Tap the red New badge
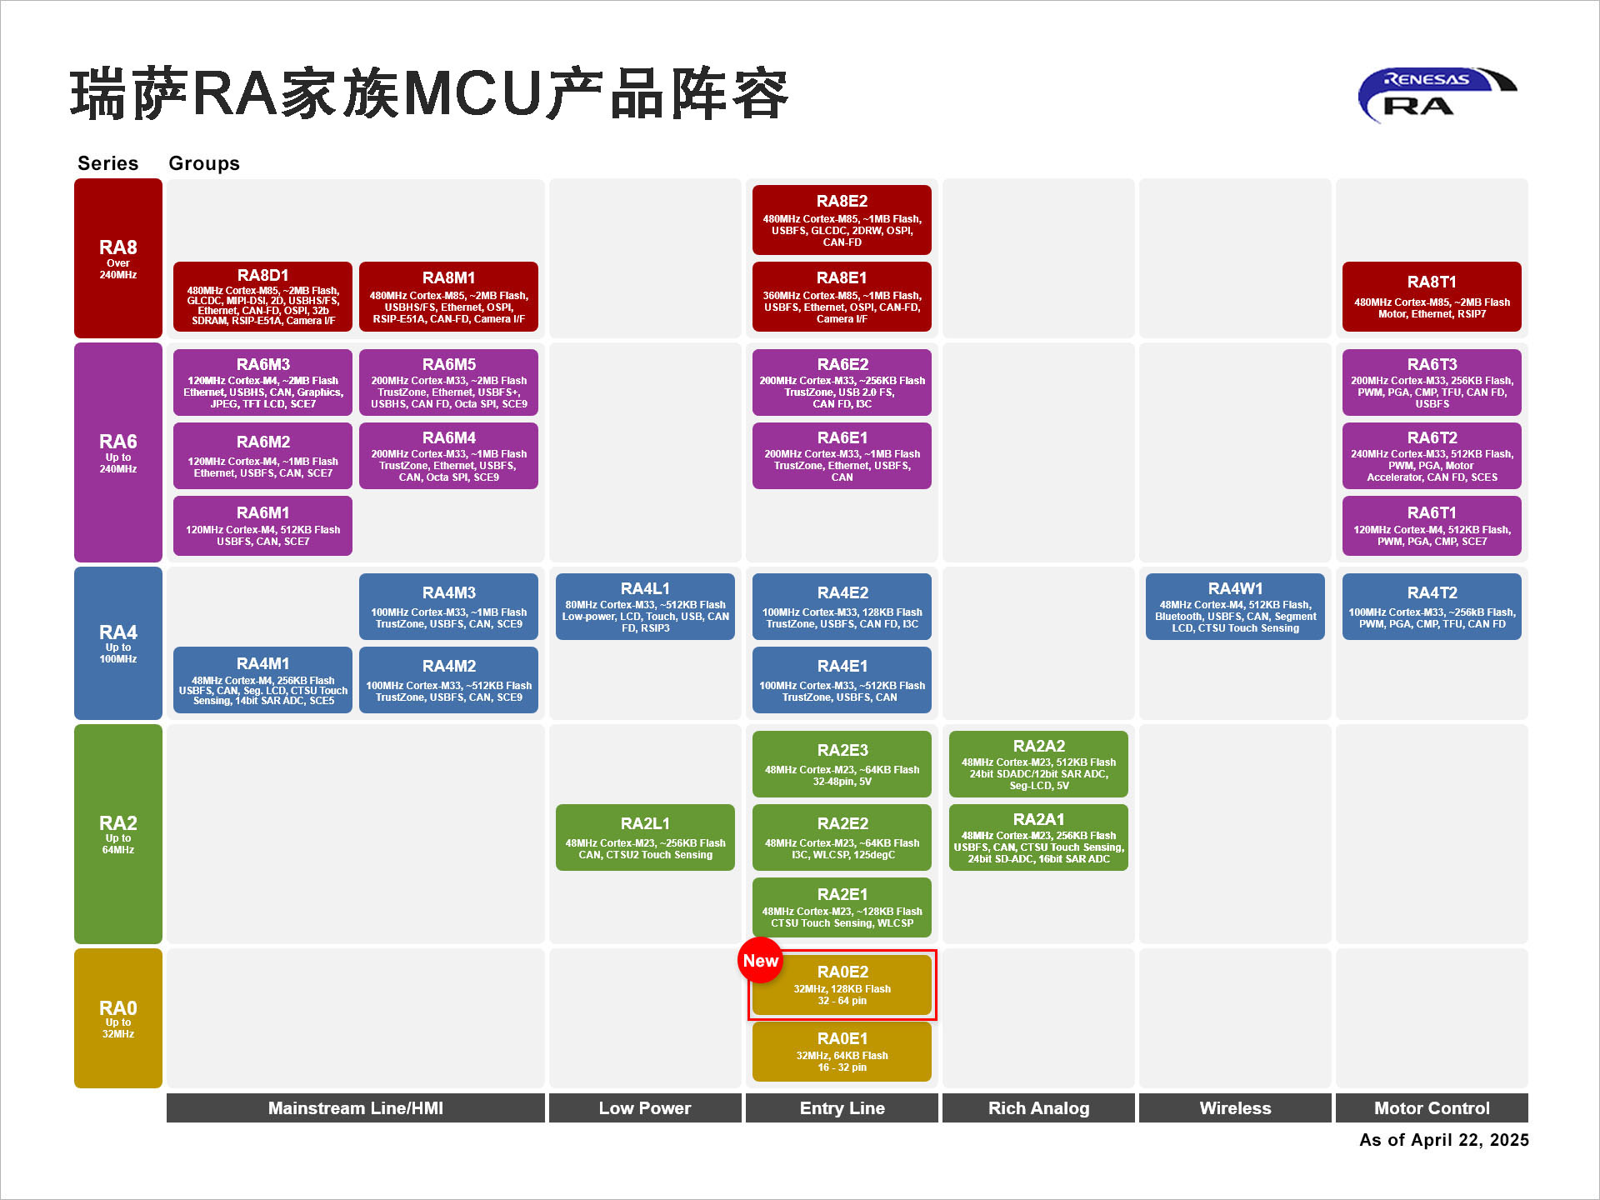pyautogui.click(x=760, y=961)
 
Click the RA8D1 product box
pyautogui.click(x=262, y=297)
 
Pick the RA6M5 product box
pyautogui.click(x=448, y=382)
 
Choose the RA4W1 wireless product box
pyautogui.click(x=1235, y=607)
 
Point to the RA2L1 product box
pyautogui.click(x=645, y=837)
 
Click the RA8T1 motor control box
pyautogui.click(x=1432, y=297)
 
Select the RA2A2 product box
pyautogui.click(x=1038, y=764)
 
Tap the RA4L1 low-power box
pyautogui.click(x=645, y=607)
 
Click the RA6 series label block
pyautogui.click(x=118, y=452)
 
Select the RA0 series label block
pyautogui.click(x=118, y=1017)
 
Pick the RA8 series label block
pyautogui.click(x=118, y=258)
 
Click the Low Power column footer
pyautogui.click(x=645, y=1108)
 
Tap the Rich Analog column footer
pyautogui.click(x=1038, y=1108)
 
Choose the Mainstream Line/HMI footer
pyautogui.click(x=356, y=1108)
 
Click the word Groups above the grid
pyautogui.click(x=204, y=163)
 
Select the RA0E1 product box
pyautogui.click(x=842, y=1052)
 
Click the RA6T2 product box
pyautogui.click(x=1432, y=456)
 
